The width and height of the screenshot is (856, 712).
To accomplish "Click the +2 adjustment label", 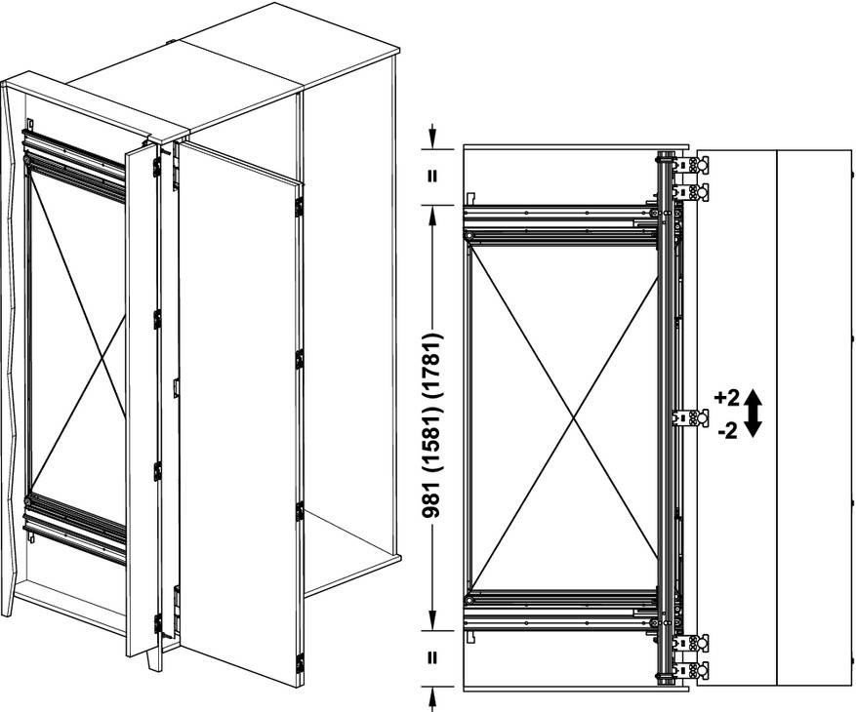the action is click(x=726, y=398).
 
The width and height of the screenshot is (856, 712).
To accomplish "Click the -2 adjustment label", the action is click(x=728, y=431).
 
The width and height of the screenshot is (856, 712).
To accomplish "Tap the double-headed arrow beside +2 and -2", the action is click(x=753, y=414).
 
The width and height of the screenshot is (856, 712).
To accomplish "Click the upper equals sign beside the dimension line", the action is click(x=432, y=177).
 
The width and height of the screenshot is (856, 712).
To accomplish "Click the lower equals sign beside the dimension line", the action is click(x=432, y=658).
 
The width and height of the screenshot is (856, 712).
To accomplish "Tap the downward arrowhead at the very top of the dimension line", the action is click(x=432, y=139).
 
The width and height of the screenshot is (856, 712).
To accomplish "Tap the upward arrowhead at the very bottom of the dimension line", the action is click(x=432, y=695).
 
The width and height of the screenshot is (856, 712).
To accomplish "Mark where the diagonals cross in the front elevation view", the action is click(x=573, y=418).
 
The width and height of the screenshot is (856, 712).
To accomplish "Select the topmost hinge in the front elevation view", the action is click(x=690, y=164).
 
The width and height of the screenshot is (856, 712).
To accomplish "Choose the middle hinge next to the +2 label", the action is click(x=690, y=417).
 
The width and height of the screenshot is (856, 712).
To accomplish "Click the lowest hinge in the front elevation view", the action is click(x=690, y=669).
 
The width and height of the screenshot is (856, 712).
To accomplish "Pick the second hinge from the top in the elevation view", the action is click(x=690, y=192).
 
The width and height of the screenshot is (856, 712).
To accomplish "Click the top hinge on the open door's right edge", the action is click(x=299, y=208).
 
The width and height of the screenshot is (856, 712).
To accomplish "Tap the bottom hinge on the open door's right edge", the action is click(x=300, y=662).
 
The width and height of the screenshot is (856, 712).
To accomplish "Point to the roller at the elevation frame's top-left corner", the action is click(x=469, y=236).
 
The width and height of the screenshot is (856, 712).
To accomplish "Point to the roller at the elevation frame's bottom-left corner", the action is click(x=469, y=600).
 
